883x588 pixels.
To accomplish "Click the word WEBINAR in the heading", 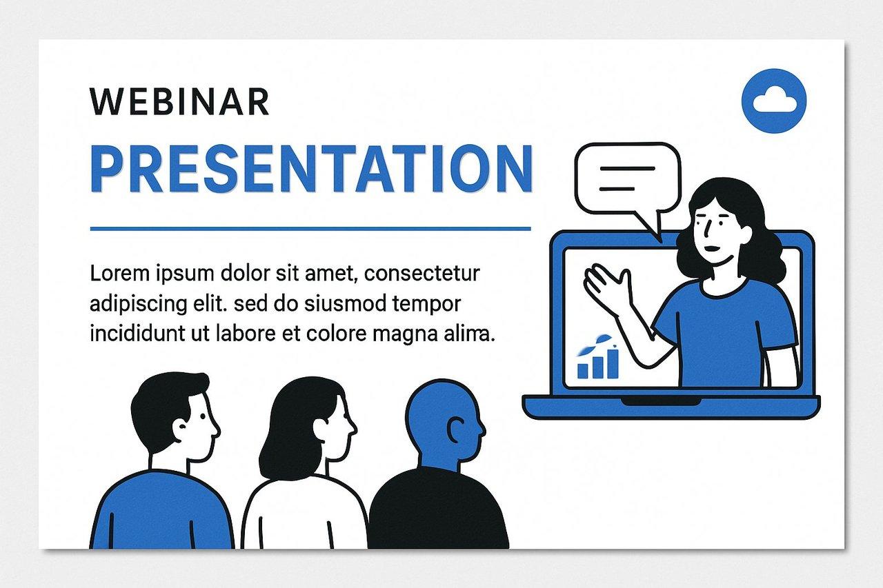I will (179, 101).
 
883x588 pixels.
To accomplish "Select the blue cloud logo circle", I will (774, 101).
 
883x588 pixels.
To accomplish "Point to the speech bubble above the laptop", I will (627, 178).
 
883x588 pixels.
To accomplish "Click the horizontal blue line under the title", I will (310, 228).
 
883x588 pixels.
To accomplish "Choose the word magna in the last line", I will (403, 334).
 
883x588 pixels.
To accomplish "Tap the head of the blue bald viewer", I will (441, 420).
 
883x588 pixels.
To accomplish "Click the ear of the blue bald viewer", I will (454, 431).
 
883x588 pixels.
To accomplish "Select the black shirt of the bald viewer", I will (438, 514).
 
